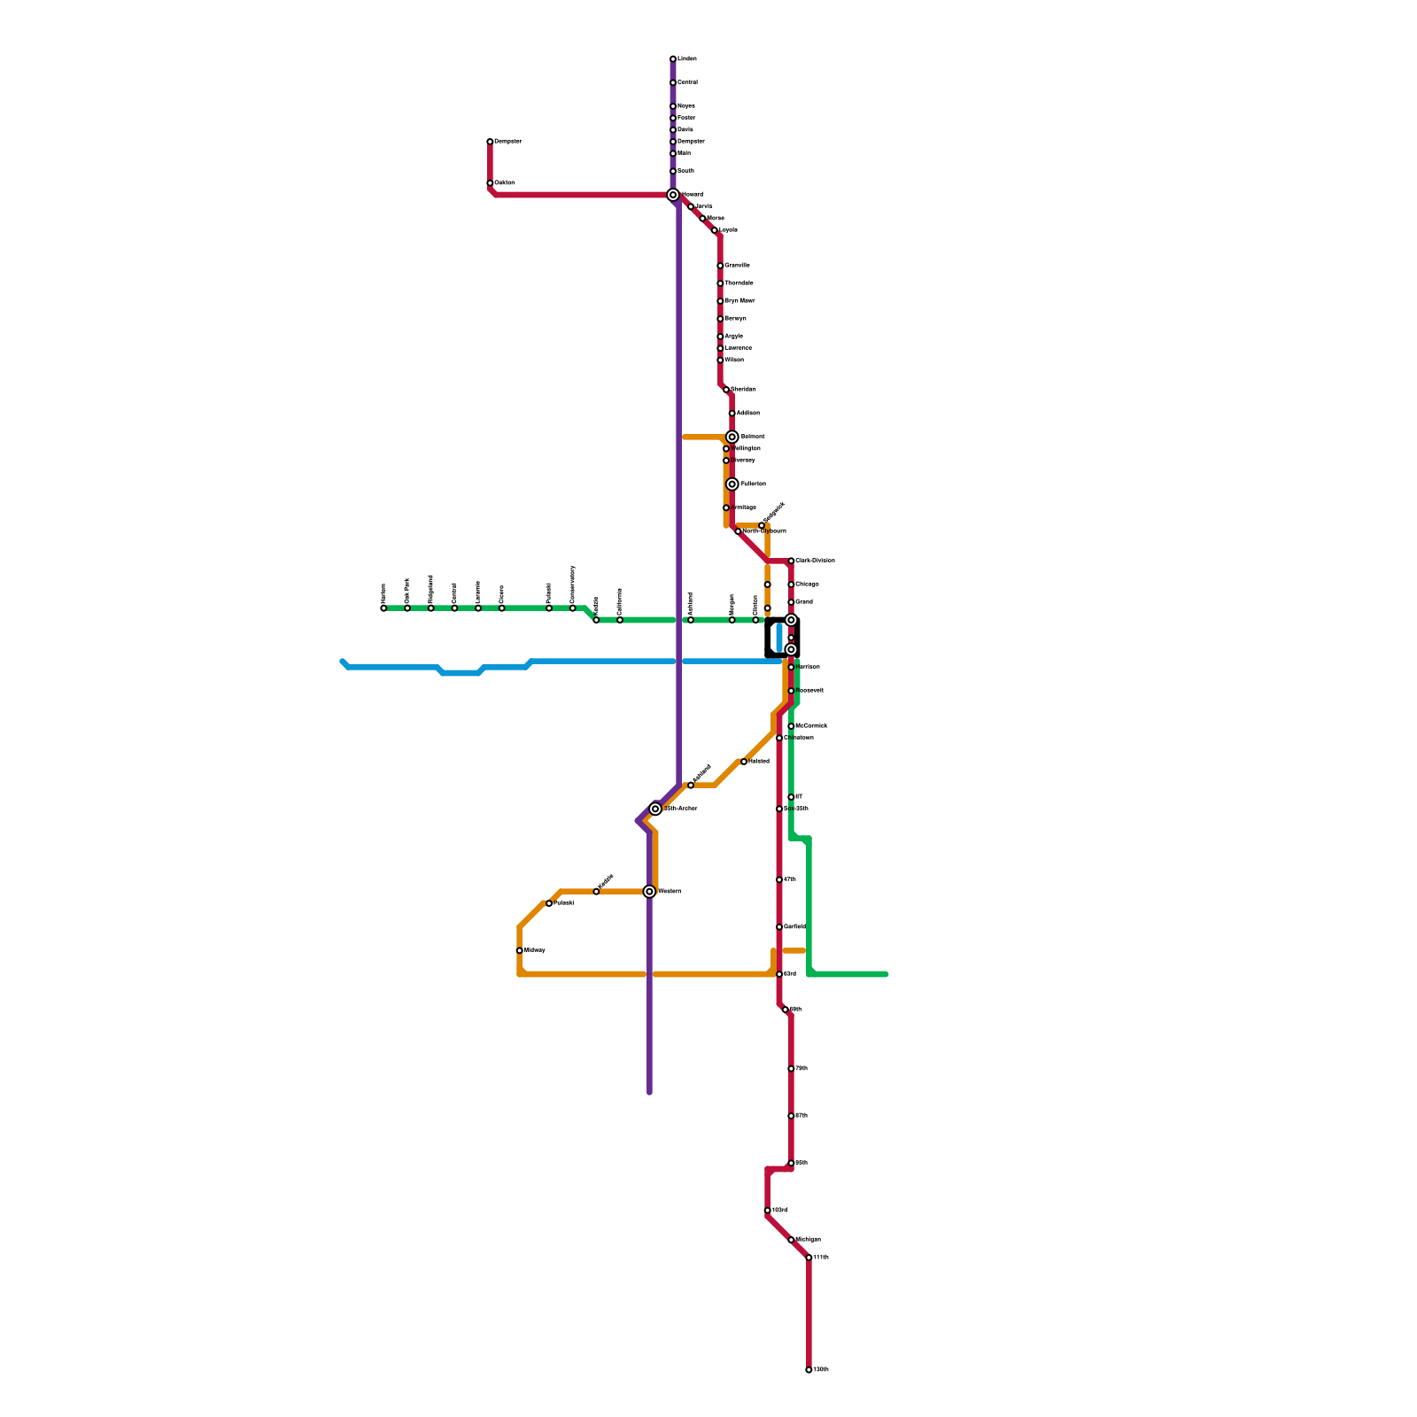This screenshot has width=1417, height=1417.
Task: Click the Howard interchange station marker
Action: pyautogui.click(x=673, y=195)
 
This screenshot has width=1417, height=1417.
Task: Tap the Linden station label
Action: pyautogui.click(x=687, y=59)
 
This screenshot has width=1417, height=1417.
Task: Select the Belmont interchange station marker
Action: pyautogui.click(x=732, y=437)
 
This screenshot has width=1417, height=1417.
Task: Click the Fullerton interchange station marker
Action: pyautogui.click(x=732, y=484)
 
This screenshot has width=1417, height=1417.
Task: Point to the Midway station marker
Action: pyautogui.click(x=519, y=950)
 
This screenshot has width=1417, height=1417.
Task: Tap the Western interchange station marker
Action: pyautogui.click(x=649, y=892)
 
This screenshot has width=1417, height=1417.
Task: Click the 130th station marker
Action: pyautogui.click(x=809, y=1370)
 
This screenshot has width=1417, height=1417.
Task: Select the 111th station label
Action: pyautogui.click(x=821, y=1258)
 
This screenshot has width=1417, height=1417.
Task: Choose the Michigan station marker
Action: pyautogui.click(x=791, y=1240)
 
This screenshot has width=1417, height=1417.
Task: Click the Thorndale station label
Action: pyautogui.click(x=739, y=283)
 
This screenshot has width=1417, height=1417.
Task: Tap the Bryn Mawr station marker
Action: pyautogui.click(x=720, y=301)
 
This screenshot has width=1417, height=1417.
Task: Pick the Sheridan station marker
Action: pyautogui.click(x=726, y=390)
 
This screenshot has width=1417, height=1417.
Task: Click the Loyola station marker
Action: pyautogui.click(x=715, y=230)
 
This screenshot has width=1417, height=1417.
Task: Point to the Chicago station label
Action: pyautogui.click(x=807, y=585)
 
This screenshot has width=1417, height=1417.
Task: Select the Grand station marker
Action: pyautogui.click(x=791, y=602)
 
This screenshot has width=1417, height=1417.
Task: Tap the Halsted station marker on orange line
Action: pyautogui.click(x=744, y=762)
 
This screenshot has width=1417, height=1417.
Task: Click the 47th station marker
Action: pyautogui.click(x=779, y=879)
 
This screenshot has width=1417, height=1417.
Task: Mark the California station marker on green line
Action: pyautogui.click(x=620, y=620)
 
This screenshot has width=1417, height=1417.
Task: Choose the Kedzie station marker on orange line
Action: pyautogui.click(x=596, y=892)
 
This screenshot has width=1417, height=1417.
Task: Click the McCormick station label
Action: pyautogui.click(x=811, y=726)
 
